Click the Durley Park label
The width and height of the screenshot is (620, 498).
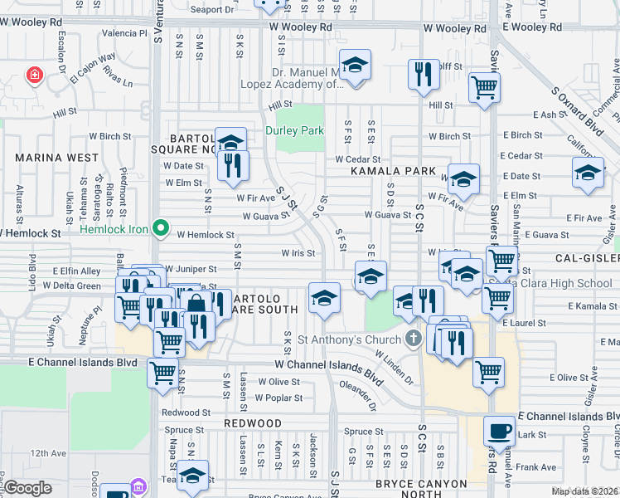300,130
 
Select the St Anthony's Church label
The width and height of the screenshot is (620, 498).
348,339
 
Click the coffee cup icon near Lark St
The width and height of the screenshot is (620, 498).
499,431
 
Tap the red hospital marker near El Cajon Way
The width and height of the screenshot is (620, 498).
34,76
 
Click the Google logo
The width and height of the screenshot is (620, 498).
28,488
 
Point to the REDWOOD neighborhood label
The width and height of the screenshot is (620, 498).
253,423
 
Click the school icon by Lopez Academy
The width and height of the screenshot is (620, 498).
355,66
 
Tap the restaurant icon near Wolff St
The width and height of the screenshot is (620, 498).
424,74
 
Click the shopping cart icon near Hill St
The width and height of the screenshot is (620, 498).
484,86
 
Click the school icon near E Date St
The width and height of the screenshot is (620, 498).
588,173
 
